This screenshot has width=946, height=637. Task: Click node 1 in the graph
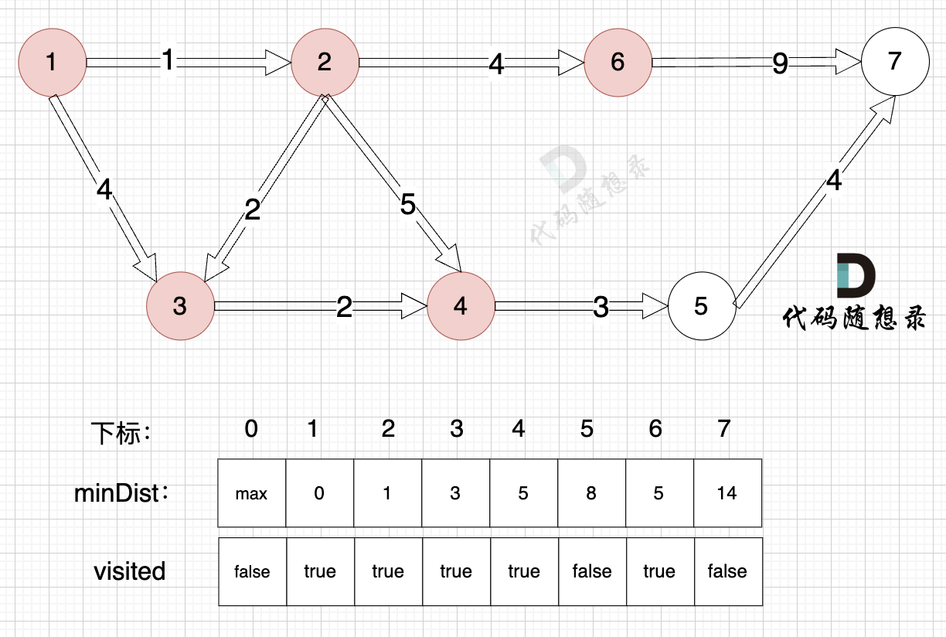point(51,62)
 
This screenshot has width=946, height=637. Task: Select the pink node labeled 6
point(618,62)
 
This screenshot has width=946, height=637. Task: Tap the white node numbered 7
point(895,61)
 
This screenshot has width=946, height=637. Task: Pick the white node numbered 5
point(701,306)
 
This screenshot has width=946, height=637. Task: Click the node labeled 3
point(180,306)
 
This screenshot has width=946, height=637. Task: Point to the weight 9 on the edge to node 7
point(780,64)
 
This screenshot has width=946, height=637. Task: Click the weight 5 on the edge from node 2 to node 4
point(408,205)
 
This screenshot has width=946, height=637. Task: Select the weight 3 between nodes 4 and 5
point(601,308)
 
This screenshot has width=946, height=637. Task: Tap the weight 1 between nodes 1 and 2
point(168,60)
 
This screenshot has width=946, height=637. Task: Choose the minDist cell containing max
point(252,493)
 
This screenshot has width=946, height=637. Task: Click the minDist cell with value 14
point(727,493)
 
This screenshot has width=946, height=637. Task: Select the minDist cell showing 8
point(591,493)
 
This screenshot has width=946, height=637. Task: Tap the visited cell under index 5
point(591,571)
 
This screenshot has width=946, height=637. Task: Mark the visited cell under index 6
point(659,571)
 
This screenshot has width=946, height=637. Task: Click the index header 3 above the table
point(456,428)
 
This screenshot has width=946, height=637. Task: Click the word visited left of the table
point(130,571)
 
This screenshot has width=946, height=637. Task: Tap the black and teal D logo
point(856,275)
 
